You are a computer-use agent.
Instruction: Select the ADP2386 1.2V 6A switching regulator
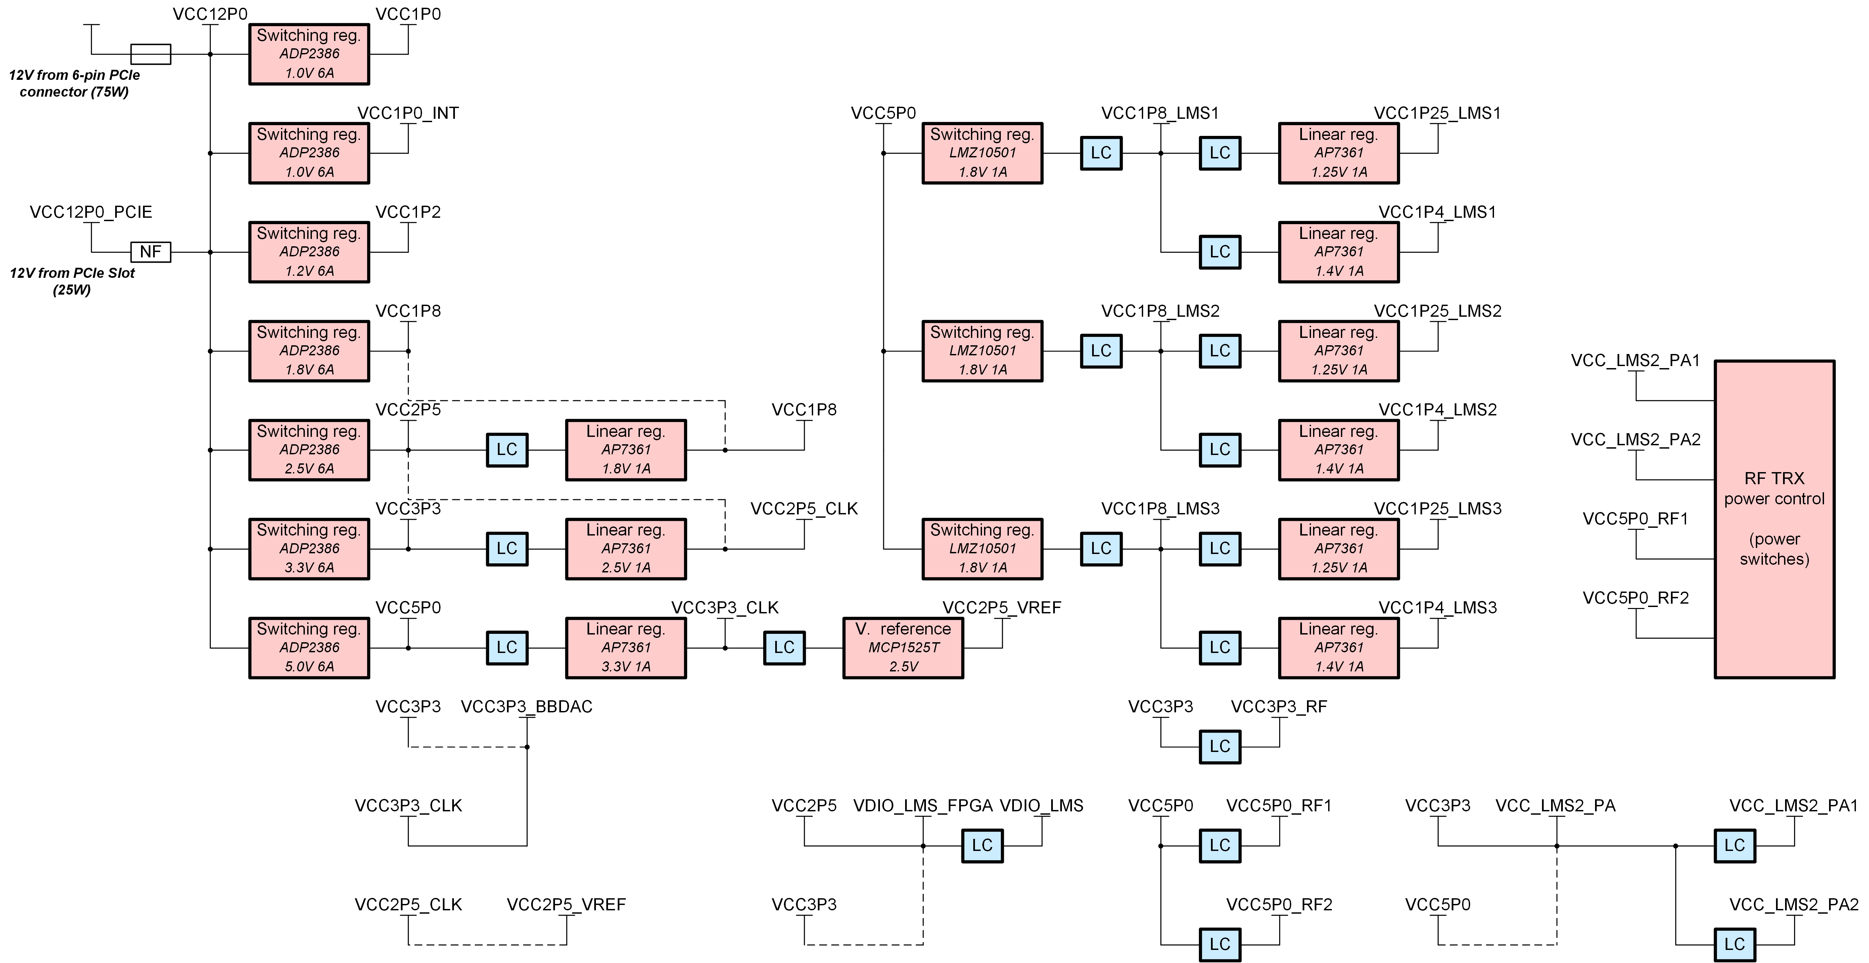tap(309, 252)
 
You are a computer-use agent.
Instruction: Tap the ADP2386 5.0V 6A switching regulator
tap(309, 648)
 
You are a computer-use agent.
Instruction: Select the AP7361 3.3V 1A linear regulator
tap(625, 648)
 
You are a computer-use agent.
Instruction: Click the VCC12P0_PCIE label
tap(91, 212)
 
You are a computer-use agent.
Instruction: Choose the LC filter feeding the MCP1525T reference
tap(784, 648)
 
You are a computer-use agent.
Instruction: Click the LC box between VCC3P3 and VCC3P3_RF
tap(1220, 746)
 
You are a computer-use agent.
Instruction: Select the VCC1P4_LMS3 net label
tap(1437, 608)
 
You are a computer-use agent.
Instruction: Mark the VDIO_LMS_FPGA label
tap(923, 806)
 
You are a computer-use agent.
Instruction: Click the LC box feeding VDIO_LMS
tap(982, 846)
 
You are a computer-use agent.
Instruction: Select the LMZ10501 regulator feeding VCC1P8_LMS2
tap(982, 351)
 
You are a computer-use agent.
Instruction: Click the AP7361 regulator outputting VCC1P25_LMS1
tap(1339, 153)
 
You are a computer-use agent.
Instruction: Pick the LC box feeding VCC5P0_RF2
tap(1220, 944)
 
